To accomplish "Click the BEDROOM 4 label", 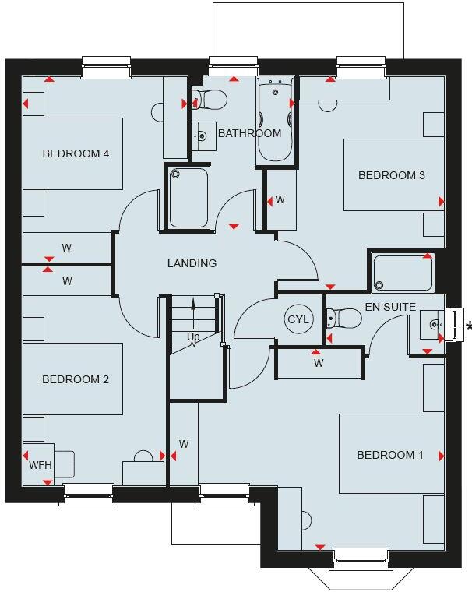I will pos(75,153).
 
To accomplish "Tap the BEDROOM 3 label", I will pos(391,175).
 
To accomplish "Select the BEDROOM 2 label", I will pos(75,379).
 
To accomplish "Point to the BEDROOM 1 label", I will pos(389,455).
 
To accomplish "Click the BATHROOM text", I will pos(249,133).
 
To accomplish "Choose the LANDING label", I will pos(192,263).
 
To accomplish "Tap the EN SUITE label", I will pos(390,307).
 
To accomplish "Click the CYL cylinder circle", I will pos(298,319).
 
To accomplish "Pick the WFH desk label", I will pos(40,465).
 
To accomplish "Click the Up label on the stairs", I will pos(193,337).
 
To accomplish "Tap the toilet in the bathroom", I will pos(210,99).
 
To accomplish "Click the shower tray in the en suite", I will pos(403,273).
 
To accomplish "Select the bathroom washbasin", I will pos(203,136).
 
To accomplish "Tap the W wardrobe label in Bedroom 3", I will pos(280,200).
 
